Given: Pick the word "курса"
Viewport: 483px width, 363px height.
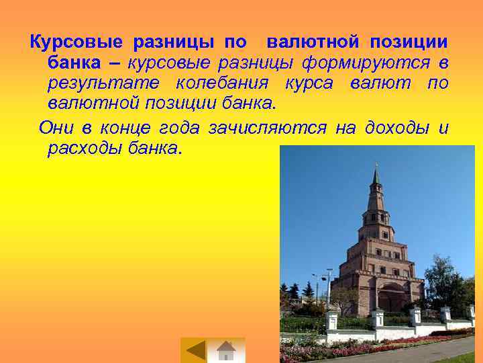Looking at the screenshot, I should point(308,84).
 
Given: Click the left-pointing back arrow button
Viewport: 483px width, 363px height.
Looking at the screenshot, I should point(196,350).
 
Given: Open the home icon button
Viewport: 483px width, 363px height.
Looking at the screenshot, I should point(227,350).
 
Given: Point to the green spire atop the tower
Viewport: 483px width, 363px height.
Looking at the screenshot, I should point(376,176).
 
